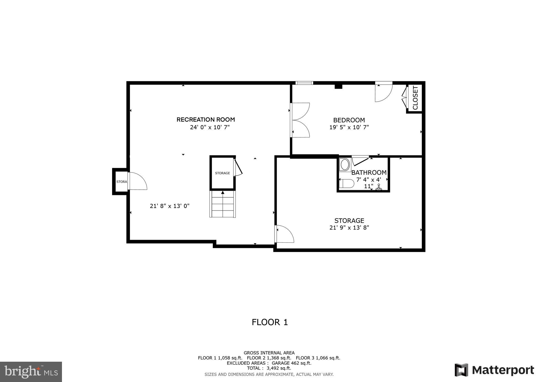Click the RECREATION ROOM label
coord(206,120)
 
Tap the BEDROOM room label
coord(349,120)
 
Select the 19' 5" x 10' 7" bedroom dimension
coord(349,127)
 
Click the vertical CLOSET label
coord(415,98)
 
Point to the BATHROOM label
coord(369,173)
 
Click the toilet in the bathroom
coord(346,183)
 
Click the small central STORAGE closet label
coord(222,173)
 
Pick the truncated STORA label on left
coord(122,182)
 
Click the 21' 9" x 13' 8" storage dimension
coord(349,228)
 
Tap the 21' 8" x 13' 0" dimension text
coord(170,206)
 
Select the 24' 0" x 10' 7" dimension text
coord(210,127)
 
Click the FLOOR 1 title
coord(270,322)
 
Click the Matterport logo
coord(494,370)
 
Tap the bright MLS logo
coord(31,372)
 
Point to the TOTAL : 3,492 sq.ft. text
coord(269,368)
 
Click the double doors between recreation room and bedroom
coord(300,120)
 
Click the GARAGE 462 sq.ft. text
coord(291,363)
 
